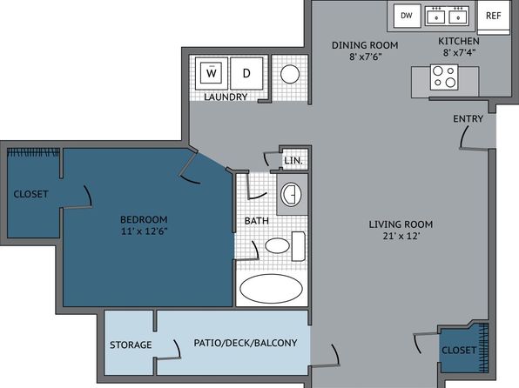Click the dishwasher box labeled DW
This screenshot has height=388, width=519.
pyautogui.click(x=408, y=16)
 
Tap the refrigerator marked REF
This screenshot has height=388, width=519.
pyautogui.click(x=493, y=17)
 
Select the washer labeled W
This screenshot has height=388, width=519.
pyautogui.click(x=212, y=73)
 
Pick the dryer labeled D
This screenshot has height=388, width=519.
pyautogui.click(x=246, y=73)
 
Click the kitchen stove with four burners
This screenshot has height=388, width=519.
pyautogui.click(x=444, y=77)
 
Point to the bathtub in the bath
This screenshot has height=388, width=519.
pyautogui.click(x=271, y=289)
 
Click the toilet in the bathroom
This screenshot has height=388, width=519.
pyautogui.click(x=285, y=246)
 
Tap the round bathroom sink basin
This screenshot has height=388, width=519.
pyautogui.click(x=291, y=194)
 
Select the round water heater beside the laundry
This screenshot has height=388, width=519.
pyautogui.click(x=290, y=74)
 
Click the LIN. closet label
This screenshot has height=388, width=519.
pyautogui.click(x=293, y=161)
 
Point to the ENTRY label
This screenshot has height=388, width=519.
pyautogui.click(x=468, y=118)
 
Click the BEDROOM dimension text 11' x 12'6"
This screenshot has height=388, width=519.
pyautogui.click(x=144, y=231)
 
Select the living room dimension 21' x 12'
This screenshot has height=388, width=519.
pyautogui.click(x=401, y=236)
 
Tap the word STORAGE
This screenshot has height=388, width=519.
pyautogui.click(x=131, y=345)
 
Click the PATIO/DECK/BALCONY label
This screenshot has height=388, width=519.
pyautogui.click(x=246, y=343)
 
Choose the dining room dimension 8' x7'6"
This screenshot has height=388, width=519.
pyautogui.click(x=366, y=57)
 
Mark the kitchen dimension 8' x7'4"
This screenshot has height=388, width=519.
pyautogui.click(x=459, y=52)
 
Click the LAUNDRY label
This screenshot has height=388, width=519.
pyautogui.click(x=226, y=97)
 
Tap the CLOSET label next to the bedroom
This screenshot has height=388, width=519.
pyautogui.click(x=30, y=194)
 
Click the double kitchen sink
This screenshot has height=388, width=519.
pyautogui.click(x=448, y=16)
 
